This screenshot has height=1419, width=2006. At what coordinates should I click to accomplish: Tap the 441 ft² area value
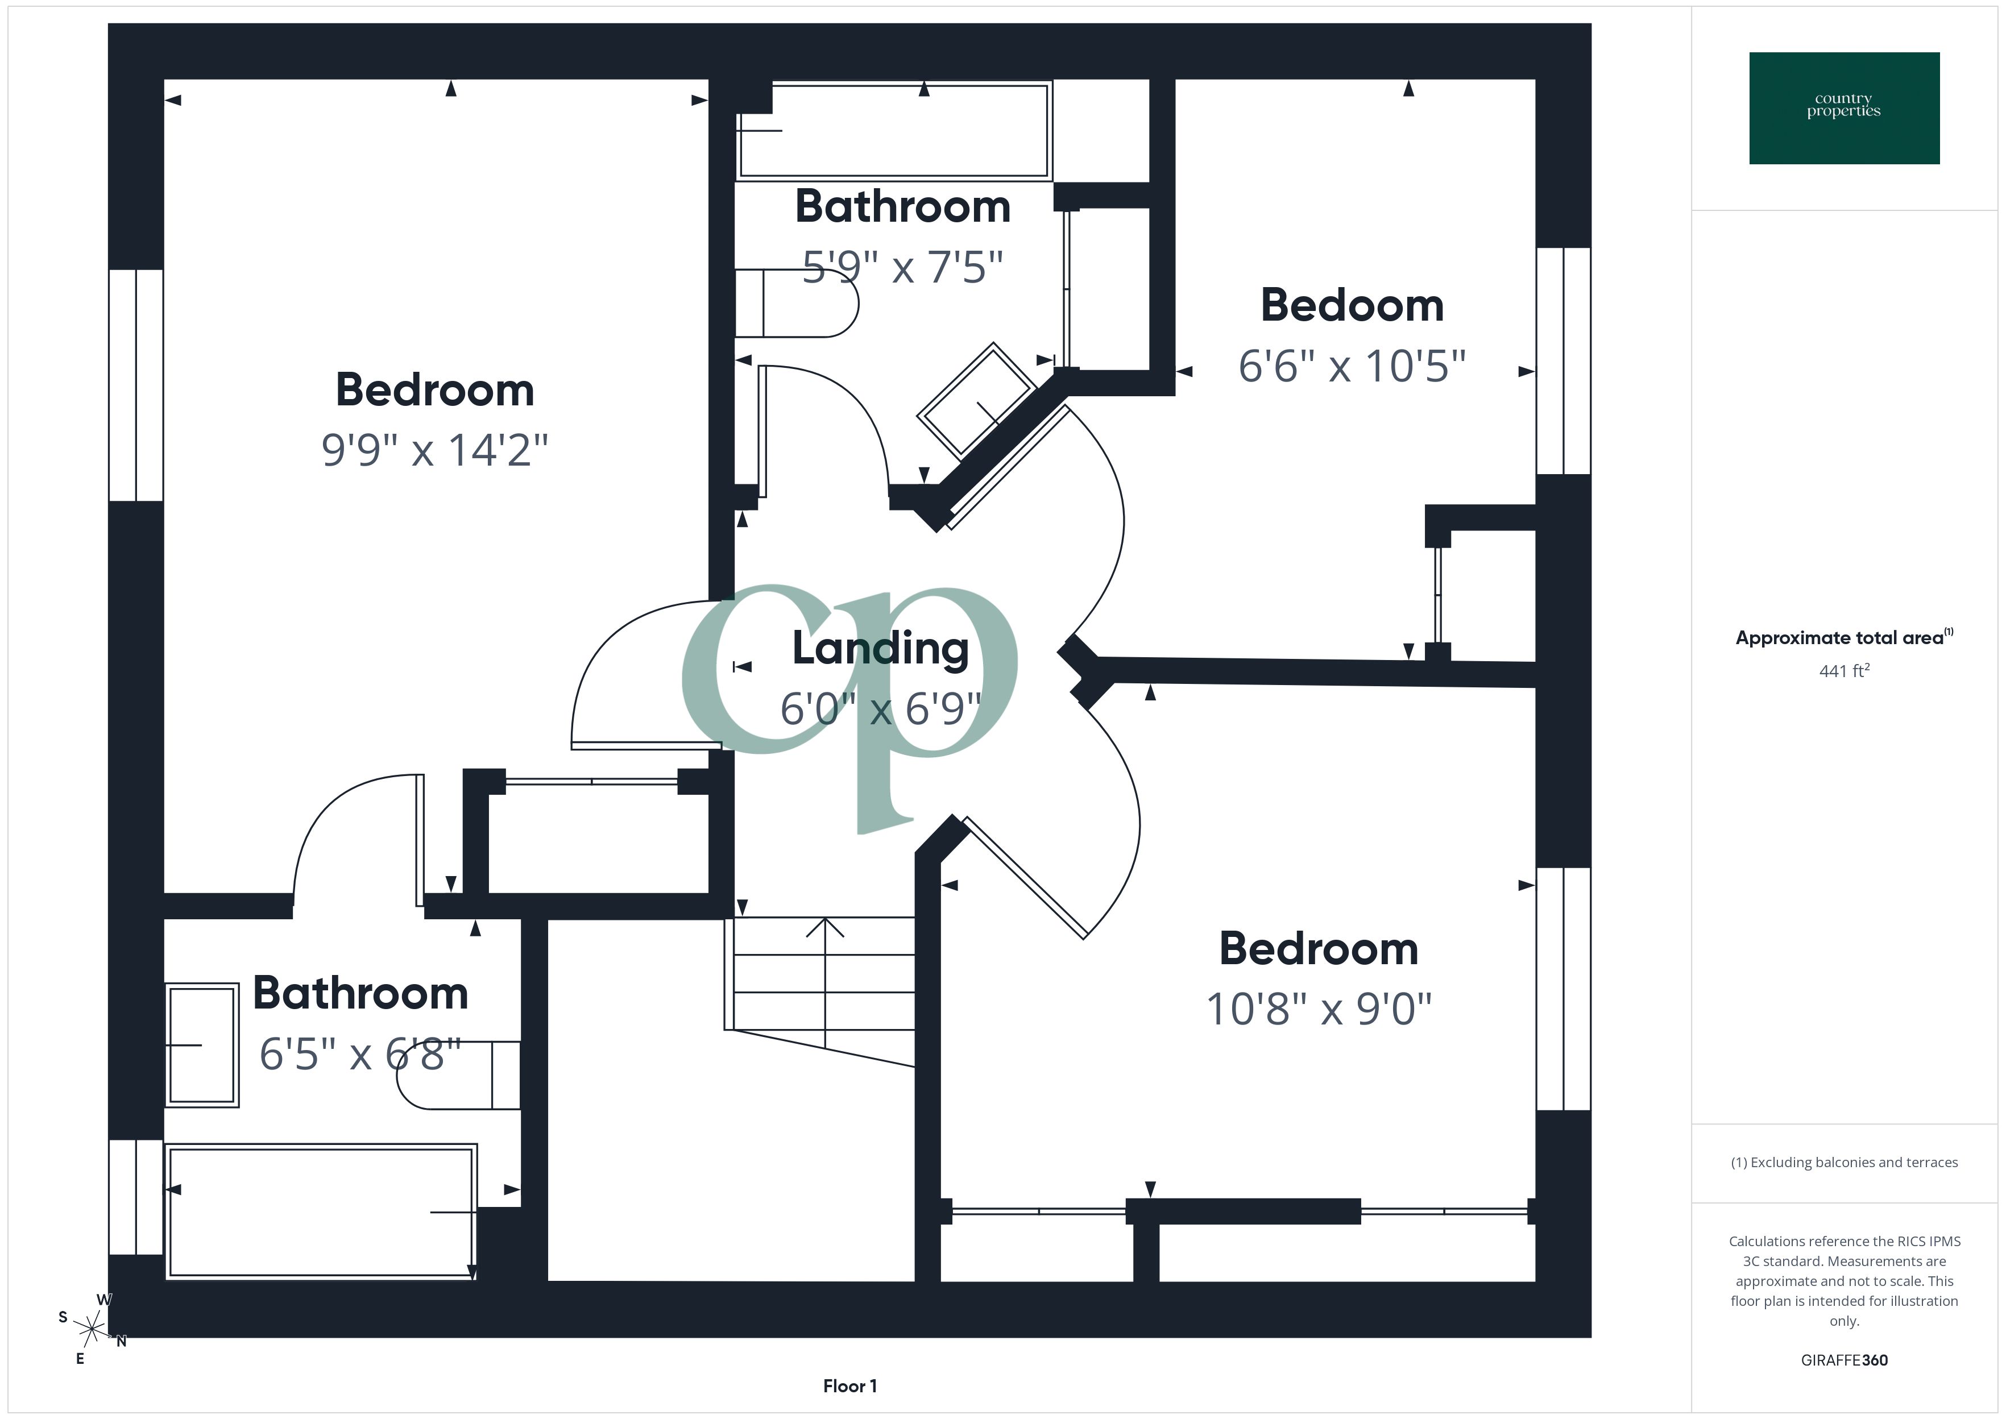[1843, 671]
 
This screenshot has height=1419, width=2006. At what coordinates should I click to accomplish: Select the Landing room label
[880, 648]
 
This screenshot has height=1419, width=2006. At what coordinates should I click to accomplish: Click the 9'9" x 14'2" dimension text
[434, 451]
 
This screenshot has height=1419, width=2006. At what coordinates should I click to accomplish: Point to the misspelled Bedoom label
[1352, 306]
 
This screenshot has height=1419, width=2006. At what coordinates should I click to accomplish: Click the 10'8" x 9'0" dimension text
[1319, 1009]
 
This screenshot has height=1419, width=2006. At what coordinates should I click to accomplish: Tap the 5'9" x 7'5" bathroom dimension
[902, 267]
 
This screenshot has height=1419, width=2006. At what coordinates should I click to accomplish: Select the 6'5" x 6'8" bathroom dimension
[360, 1055]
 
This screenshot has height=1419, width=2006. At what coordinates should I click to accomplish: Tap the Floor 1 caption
[849, 1386]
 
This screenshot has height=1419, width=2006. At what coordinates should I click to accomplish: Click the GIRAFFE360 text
[1843, 1360]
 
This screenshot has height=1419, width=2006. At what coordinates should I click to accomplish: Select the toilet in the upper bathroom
[795, 303]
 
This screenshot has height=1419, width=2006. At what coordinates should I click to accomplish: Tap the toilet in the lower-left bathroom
[459, 1074]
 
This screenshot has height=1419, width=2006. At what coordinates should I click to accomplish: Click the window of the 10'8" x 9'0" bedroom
[1563, 988]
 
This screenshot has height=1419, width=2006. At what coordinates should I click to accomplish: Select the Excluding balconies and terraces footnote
[1843, 1162]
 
